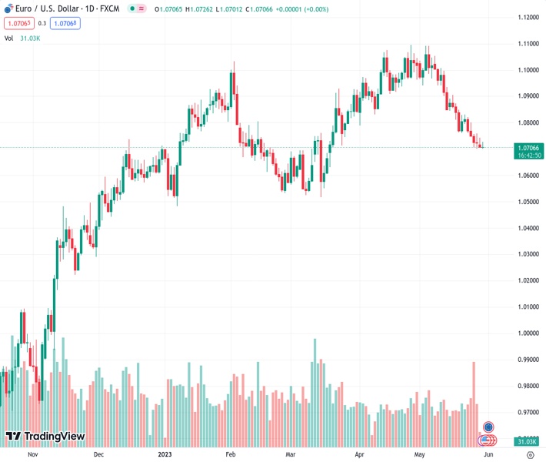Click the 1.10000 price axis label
coord(528,70)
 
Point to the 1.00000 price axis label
coord(528,333)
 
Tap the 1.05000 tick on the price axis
coord(528,202)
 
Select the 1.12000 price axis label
coord(528,18)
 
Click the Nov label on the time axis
coord(32,454)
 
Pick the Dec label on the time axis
coord(98,454)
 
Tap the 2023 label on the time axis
coord(165,454)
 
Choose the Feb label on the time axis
coord(230,454)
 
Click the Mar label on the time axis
coord(291,454)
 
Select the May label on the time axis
coord(419,454)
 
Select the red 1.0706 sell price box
coord(17,23)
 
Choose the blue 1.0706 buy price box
coord(65,23)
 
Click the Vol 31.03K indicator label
coord(22,38)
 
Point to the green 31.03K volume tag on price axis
coord(528,440)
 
